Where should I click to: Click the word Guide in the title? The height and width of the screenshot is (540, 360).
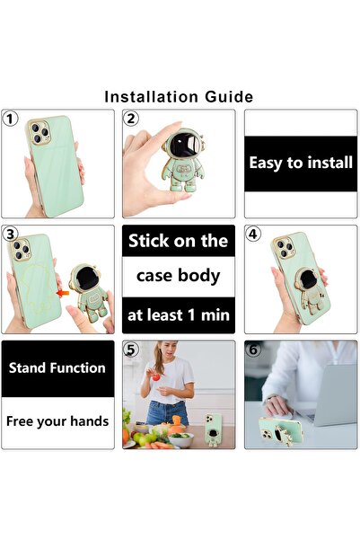229,97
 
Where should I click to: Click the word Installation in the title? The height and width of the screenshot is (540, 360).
151,97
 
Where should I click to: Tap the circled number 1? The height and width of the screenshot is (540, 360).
11,120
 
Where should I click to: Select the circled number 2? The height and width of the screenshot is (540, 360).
131,119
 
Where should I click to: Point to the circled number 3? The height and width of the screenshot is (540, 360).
11,235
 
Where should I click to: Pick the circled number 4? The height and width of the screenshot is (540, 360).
253,235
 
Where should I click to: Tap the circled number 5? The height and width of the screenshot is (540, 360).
131,350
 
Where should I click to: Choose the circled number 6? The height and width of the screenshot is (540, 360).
253,350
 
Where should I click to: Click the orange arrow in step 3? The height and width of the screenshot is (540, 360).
63,294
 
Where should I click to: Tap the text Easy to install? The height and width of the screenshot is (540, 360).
301,163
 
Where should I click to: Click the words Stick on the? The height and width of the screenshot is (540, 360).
179,241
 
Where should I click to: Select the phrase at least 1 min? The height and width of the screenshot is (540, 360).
179,314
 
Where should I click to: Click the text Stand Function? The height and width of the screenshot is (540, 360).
57,367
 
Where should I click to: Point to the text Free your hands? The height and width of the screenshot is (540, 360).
57,421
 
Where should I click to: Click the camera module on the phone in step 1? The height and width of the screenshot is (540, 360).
40,132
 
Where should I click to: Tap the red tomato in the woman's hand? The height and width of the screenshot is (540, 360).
156,377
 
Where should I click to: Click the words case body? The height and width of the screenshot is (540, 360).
179,276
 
